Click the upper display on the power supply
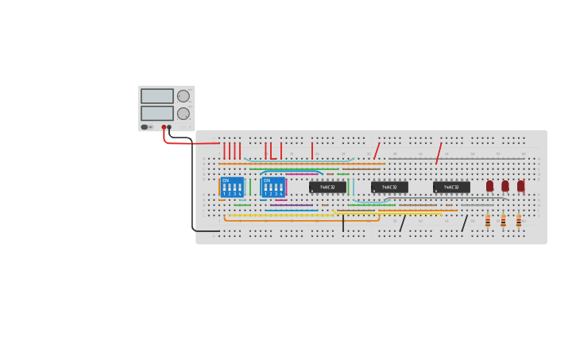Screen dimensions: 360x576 (157, 96)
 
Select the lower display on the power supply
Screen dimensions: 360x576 (157, 114)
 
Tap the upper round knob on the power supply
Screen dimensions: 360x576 (184, 96)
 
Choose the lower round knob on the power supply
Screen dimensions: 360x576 (184, 114)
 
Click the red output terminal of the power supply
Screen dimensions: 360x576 (164, 127)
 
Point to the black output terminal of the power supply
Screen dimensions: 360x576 (169, 127)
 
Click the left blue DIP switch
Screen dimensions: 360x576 (232, 188)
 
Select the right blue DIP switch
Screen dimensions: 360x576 (273, 188)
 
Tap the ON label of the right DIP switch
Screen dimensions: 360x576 (267, 180)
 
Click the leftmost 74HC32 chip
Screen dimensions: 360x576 (327, 188)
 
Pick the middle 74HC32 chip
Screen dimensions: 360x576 (389, 188)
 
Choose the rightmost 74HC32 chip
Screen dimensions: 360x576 (451, 188)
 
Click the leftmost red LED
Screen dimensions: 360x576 (489, 185)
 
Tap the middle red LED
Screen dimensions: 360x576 (504, 185)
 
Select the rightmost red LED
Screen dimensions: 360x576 (520, 185)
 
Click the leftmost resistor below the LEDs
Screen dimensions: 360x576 (488, 220)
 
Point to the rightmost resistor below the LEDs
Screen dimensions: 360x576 (519, 220)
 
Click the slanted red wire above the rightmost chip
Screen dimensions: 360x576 (438, 153)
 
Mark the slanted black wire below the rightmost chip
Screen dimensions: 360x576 (465, 223)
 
